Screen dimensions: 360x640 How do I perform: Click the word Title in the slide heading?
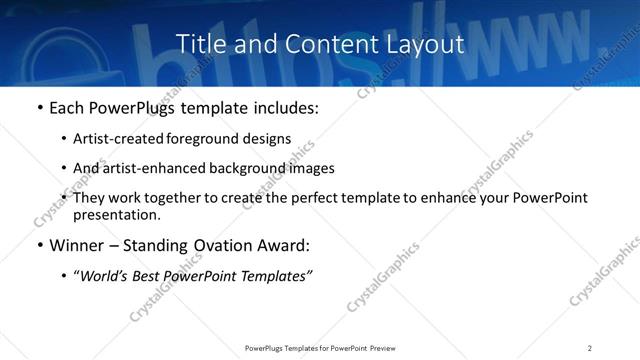tap(198, 45)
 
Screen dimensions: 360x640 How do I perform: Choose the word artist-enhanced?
tap(147, 168)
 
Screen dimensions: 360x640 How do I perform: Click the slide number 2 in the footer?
tap(589, 348)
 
